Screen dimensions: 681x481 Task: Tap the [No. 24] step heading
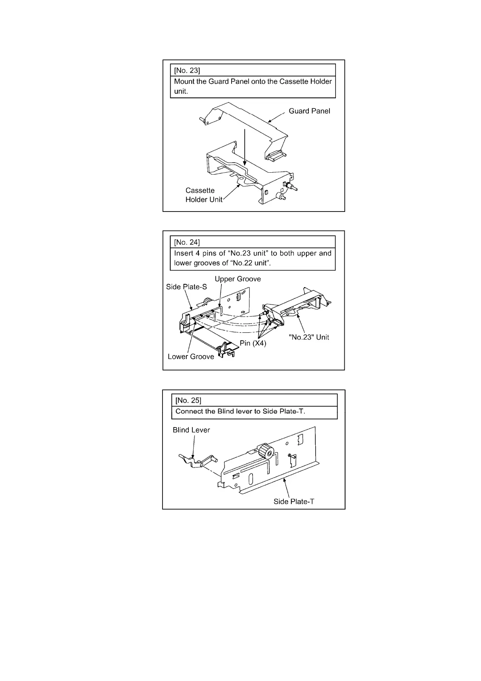click(x=187, y=242)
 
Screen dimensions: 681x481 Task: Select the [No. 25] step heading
click(x=188, y=400)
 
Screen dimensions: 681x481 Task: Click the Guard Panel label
click(x=309, y=111)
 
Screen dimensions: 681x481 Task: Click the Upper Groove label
click(x=238, y=279)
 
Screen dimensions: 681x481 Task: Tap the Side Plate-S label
click(x=186, y=287)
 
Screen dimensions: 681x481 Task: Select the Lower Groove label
click(x=191, y=356)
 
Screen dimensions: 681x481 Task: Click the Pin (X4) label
click(x=253, y=343)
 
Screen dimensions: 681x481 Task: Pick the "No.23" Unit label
click(x=309, y=337)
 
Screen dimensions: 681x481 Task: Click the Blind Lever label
click(x=191, y=430)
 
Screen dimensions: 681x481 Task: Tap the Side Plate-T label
click(x=294, y=501)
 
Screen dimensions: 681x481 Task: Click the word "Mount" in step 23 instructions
click(x=185, y=81)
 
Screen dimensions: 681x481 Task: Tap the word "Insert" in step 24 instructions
click(x=184, y=253)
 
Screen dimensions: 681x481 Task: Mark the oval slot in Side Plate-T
click(x=251, y=479)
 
